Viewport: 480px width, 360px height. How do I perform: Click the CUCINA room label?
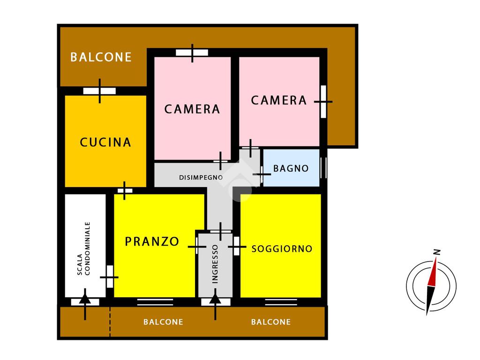click(x=105, y=142)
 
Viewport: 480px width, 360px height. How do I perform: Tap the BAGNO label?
click(x=291, y=168)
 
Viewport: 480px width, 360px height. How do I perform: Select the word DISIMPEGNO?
click(x=201, y=177)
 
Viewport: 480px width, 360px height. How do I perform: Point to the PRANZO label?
click(x=152, y=241)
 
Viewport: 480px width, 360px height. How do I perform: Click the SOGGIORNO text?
click(x=282, y=249)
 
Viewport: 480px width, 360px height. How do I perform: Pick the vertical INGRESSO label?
click(x=215, y=264)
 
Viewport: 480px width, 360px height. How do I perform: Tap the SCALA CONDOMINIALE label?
click(x=84, y=248)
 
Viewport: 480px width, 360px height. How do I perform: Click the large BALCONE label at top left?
click(x=101, y=57)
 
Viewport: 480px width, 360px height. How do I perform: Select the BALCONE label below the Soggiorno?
click(x=270, y=322)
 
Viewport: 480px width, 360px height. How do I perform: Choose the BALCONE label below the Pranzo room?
click(x=163, y=322)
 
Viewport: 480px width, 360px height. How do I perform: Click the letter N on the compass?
click(x=437, y=252)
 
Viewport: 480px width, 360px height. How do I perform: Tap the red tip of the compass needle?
click(x=435, y=258)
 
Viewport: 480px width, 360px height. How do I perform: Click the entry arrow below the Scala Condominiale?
click(x=85, y=304)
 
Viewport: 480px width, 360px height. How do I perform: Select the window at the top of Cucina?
click(x=99, y=91)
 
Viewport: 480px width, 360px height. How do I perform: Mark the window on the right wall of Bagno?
click(x=323, y=167)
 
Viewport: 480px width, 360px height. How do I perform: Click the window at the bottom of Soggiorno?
click(x=281, y=302)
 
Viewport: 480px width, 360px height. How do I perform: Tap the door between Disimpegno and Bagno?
click(x=262, y=174)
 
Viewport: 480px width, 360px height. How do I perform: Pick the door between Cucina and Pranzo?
click(x=125, y=191)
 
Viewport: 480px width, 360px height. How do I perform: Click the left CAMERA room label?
click(x=192, y=109)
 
